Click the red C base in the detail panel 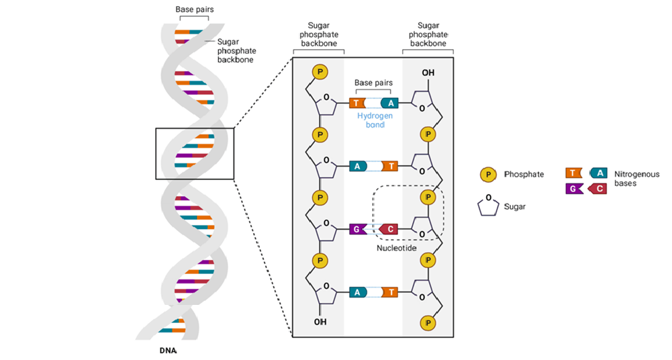point(388,230)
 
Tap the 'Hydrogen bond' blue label point(374,120)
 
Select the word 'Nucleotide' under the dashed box point(397,249)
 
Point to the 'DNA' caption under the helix point(169,351)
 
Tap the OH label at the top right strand point(428,73)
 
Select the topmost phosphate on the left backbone point(320,71)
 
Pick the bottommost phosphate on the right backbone point(428,323)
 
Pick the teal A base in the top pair point(390,103)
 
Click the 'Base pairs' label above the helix point(192,9)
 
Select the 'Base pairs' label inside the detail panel point(373,83)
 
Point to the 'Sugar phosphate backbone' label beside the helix point(236,50)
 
